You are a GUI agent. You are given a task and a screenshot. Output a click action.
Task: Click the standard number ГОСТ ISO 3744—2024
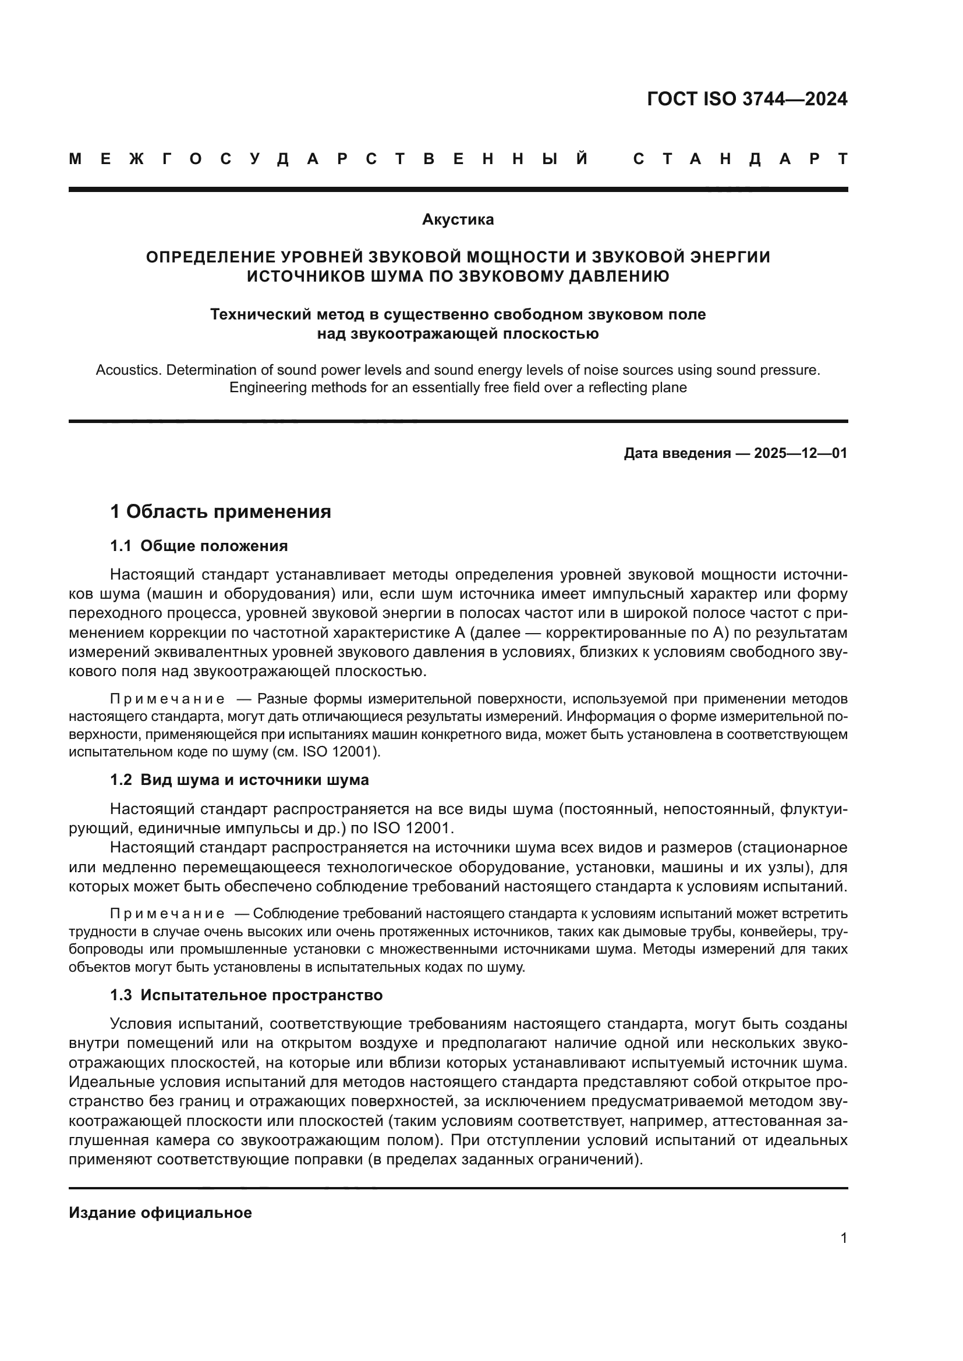tap(746, 99)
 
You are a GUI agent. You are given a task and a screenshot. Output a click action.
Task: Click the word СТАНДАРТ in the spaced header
tap(740, 159)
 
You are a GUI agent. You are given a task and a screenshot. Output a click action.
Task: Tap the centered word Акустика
tap(458, 220)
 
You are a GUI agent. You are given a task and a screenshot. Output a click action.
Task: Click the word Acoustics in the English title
tap(128, 371)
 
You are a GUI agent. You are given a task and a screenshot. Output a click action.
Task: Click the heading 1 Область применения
tap(221, 511)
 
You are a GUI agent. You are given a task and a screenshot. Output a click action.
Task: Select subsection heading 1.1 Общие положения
tap(199, 546)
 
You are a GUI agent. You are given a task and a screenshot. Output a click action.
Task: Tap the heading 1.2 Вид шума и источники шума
tap(239, 780)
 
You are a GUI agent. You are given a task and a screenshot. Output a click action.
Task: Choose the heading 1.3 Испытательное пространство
tap(246, 995)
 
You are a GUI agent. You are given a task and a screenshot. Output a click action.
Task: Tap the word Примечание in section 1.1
tap(167, 699)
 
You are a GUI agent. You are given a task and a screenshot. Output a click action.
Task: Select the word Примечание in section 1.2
tap(167, 914)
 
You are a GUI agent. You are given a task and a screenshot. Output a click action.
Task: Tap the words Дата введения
tap(677, 453)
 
